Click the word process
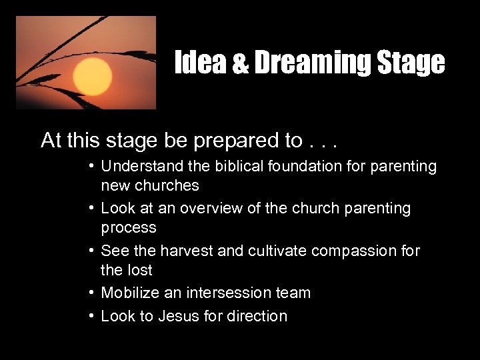coord(129,227)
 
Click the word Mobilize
coord(130,293)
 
